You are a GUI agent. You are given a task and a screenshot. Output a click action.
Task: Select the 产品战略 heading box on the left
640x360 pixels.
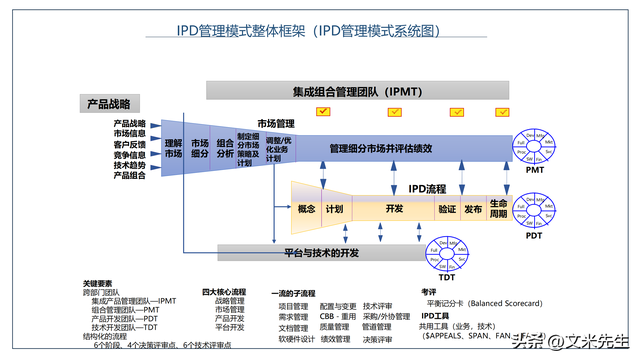112,104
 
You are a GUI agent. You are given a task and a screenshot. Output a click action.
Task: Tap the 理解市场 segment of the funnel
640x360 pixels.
173,149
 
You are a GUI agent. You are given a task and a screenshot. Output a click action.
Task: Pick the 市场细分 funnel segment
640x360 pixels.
200,149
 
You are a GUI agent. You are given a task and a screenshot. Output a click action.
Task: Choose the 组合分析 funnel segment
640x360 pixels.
225,149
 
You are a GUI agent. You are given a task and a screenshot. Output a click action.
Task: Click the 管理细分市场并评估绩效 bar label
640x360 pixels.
381,149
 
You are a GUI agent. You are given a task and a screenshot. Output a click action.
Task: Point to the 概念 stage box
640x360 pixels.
306,210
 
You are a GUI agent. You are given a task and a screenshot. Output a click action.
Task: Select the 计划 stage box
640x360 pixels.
334,210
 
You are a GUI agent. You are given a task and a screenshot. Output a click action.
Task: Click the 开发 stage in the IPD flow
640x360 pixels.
393,210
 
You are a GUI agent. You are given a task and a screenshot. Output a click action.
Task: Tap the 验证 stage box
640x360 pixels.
447,210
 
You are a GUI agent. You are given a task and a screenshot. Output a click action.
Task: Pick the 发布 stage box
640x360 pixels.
473,210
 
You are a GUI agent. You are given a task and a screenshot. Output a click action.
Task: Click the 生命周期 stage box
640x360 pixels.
499,209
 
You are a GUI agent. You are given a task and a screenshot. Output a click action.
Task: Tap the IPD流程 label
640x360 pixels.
427,188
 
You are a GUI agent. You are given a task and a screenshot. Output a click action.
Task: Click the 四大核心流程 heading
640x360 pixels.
224,291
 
